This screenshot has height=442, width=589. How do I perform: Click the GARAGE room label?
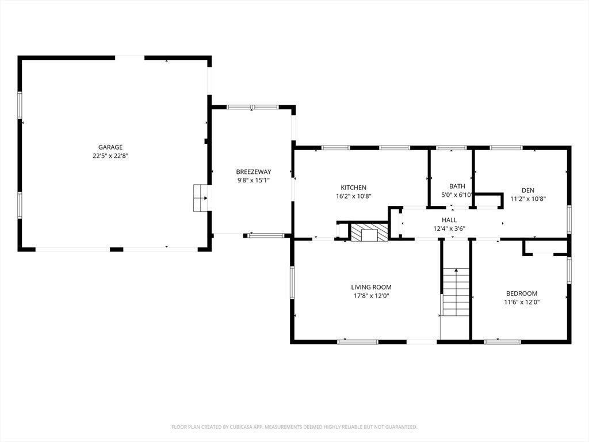[x=110, y=147]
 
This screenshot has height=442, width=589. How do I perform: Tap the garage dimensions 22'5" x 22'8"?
[x=110, y=156]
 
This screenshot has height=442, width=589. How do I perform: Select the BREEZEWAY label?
[x=254, y=172]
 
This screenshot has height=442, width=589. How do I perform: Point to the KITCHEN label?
[x=354, y=188]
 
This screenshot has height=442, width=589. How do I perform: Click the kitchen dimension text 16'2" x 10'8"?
[x=354, y=196]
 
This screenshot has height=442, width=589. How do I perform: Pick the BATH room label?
[x=457, y=186]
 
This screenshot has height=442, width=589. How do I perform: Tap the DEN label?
[x=528, y=190]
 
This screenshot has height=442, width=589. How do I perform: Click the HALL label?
[x=449, y=220]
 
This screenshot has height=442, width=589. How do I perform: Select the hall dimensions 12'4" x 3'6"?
[x=449, y=228]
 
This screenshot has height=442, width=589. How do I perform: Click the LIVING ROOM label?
[x=371, y=287]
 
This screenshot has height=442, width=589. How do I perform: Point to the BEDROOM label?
[x=522, y=294]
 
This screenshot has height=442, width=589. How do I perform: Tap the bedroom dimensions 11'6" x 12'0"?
[x=522, y=302]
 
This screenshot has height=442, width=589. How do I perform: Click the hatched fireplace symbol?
[x=369, y=233]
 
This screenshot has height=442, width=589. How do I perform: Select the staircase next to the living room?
[x=456, y=292]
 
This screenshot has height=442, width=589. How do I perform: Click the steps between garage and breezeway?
[x=200, y=198]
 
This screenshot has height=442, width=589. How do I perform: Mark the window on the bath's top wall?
[x=451, y=148]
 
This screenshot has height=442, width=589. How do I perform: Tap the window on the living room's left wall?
[x=292, y=283]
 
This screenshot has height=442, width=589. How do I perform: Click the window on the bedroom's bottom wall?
[x=503, y=342]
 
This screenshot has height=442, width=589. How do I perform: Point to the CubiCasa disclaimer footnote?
[x=294, y=427]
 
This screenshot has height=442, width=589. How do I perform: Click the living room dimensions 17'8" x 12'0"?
[x=371, y=296]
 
